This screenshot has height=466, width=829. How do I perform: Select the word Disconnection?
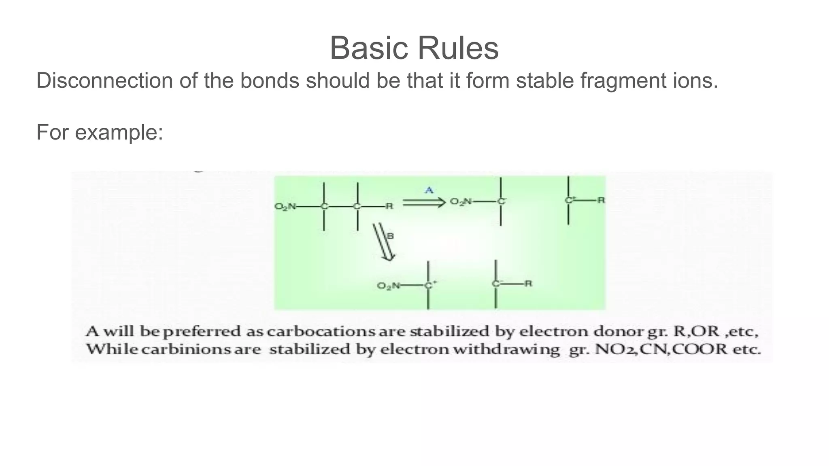[104, 80]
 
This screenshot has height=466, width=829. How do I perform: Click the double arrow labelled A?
[424, 202]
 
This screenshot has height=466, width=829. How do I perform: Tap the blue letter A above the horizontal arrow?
[429, 190]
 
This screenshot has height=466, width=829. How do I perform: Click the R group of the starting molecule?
[389, 206]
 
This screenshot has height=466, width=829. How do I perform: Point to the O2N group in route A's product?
[461, 201]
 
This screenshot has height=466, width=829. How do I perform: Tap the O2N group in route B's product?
[388, 286]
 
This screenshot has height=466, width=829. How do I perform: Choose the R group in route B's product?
[528, 284]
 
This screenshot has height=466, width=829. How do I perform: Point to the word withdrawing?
[506, 349]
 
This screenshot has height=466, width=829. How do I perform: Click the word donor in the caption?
[619, 332]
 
